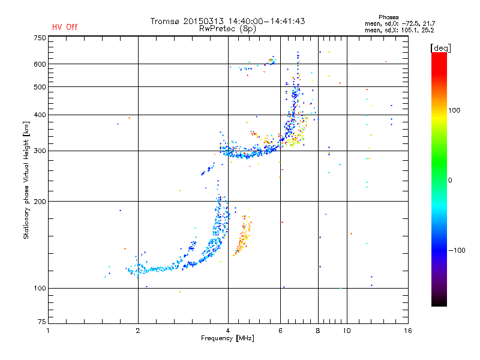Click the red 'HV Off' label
(65, 27)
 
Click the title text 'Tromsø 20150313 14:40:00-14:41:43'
(227, 21)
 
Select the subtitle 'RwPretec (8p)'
(227, 29)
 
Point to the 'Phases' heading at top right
(388, 17)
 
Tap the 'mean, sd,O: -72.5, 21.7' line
(400, 23)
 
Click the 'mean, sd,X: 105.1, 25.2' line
(399, 30)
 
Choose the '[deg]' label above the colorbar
(440, 48)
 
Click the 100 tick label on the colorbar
(454, 110)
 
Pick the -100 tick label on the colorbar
(457, 250)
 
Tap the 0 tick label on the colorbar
(450, 181)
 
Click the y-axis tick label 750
(40, 38)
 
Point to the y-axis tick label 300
(40, 151)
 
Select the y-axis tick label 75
(42, 322)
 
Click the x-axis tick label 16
(408, 331)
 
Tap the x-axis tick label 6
(280, 331)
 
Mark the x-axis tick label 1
(48, 331)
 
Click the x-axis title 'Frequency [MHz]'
(227, 338)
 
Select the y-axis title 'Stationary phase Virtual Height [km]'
(26, 180)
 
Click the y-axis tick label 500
(40, 86)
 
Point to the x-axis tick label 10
(347, 331)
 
